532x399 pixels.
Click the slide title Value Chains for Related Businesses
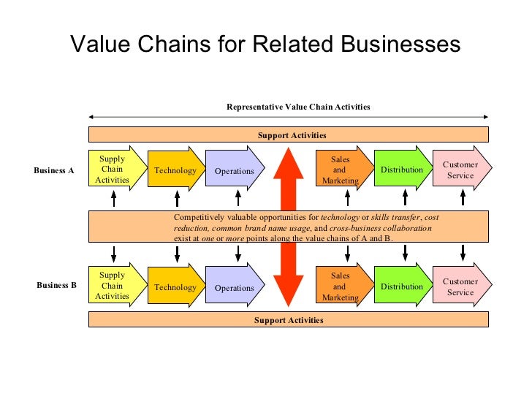265,45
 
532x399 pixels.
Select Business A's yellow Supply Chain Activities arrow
113,170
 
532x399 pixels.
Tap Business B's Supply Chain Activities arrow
113,286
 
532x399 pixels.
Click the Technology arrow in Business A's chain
175,170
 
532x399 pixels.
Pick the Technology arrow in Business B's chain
175,287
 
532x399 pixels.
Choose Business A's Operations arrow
235,171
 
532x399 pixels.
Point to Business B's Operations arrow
235,287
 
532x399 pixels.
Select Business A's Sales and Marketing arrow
341,170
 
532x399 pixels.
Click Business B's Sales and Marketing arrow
341,286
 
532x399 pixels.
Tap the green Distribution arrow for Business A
402,170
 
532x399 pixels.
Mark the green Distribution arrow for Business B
402,286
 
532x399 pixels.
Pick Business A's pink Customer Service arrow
461,170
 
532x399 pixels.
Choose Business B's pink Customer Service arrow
461,286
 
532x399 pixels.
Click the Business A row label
54,170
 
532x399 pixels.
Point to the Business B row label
56,285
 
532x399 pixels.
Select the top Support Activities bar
289,135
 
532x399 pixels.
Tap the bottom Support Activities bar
289,320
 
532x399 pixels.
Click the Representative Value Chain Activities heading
298,107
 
